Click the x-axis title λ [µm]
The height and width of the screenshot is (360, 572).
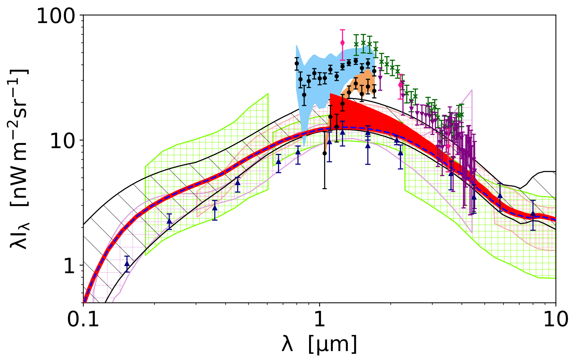(x=319, y=344)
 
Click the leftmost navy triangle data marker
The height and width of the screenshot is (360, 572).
(x=127, y=264)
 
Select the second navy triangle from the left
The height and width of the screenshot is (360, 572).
(x=169, y=221)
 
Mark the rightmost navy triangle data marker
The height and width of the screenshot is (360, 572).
(x=533, y=213)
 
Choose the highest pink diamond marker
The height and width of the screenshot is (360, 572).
(x=342, y=43)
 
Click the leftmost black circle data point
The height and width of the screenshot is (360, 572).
(x=296, y=64)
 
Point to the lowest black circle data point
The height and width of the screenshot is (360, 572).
(x=324, y=153)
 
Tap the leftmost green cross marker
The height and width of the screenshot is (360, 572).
(x=356, y=44)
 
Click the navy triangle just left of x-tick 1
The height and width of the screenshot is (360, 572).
(x=298, y=152)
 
